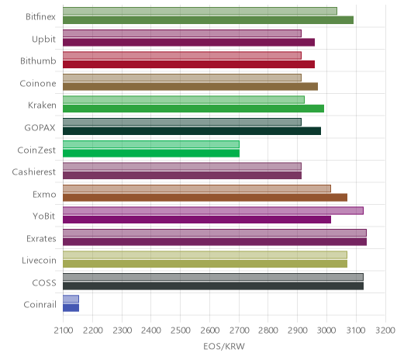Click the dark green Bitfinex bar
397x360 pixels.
208,20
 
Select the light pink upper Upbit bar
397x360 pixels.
182,33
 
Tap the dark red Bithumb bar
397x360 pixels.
188,64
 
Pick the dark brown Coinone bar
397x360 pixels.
190,87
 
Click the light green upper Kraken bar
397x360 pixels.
184,100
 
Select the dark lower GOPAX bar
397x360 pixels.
192,131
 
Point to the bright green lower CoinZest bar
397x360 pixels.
151,154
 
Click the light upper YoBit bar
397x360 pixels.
213,211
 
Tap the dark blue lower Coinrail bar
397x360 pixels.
71,308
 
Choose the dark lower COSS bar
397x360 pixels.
213,286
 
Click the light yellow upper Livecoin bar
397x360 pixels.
205,255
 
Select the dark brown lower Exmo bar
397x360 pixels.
205,198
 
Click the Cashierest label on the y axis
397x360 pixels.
34,172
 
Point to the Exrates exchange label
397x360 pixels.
41,238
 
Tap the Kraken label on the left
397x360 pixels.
42,106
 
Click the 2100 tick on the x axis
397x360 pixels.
64,331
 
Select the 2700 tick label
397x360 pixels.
239,331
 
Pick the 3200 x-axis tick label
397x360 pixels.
385,331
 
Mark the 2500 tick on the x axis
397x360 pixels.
181,331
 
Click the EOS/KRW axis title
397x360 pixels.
224,347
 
